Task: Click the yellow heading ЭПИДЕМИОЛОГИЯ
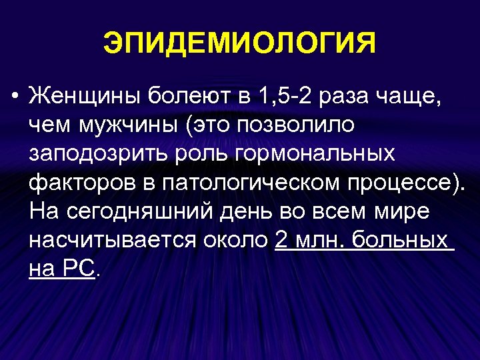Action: point(239,45)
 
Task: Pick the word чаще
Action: point(412,99)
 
